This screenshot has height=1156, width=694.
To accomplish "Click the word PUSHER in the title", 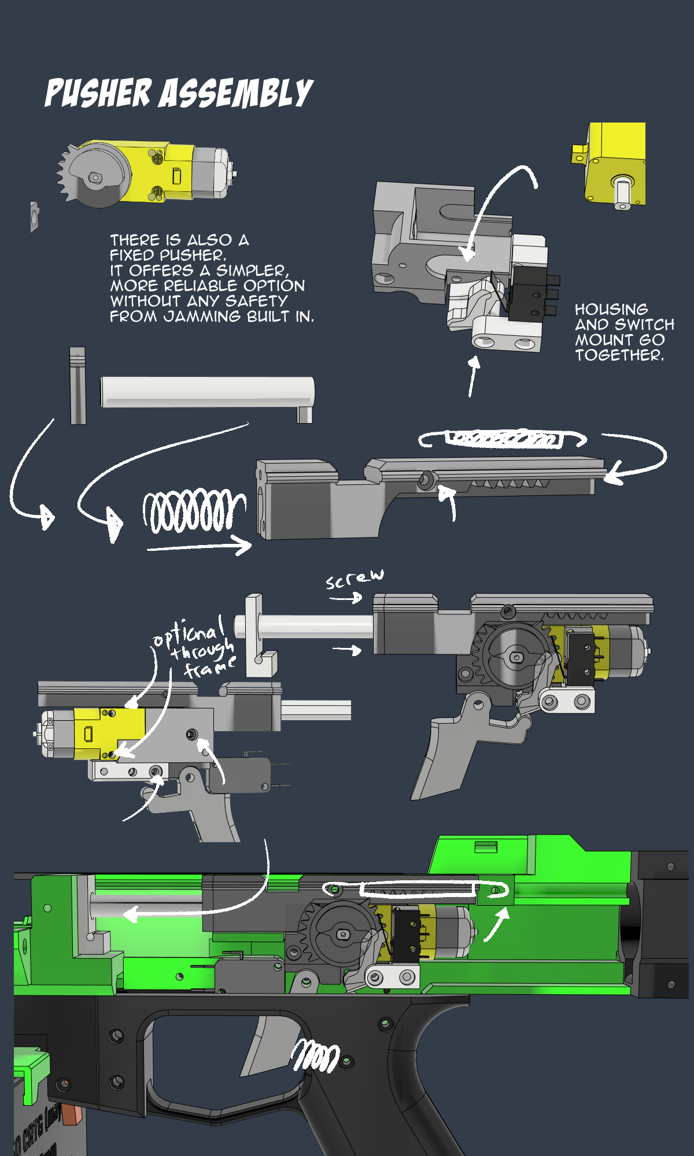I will (x=98, y=94).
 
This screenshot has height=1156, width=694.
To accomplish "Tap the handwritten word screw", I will (x=354, y=579).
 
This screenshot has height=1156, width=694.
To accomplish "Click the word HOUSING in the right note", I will (x=611, y=309).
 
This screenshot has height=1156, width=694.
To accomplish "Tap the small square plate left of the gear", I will (x=35, y=217).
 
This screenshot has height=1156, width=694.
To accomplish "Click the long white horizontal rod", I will (x=207, y=392).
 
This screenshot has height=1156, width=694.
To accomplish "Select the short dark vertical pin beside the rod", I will (x=77, y=386).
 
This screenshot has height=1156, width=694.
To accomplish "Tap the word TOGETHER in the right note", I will (x=619, y=355).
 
